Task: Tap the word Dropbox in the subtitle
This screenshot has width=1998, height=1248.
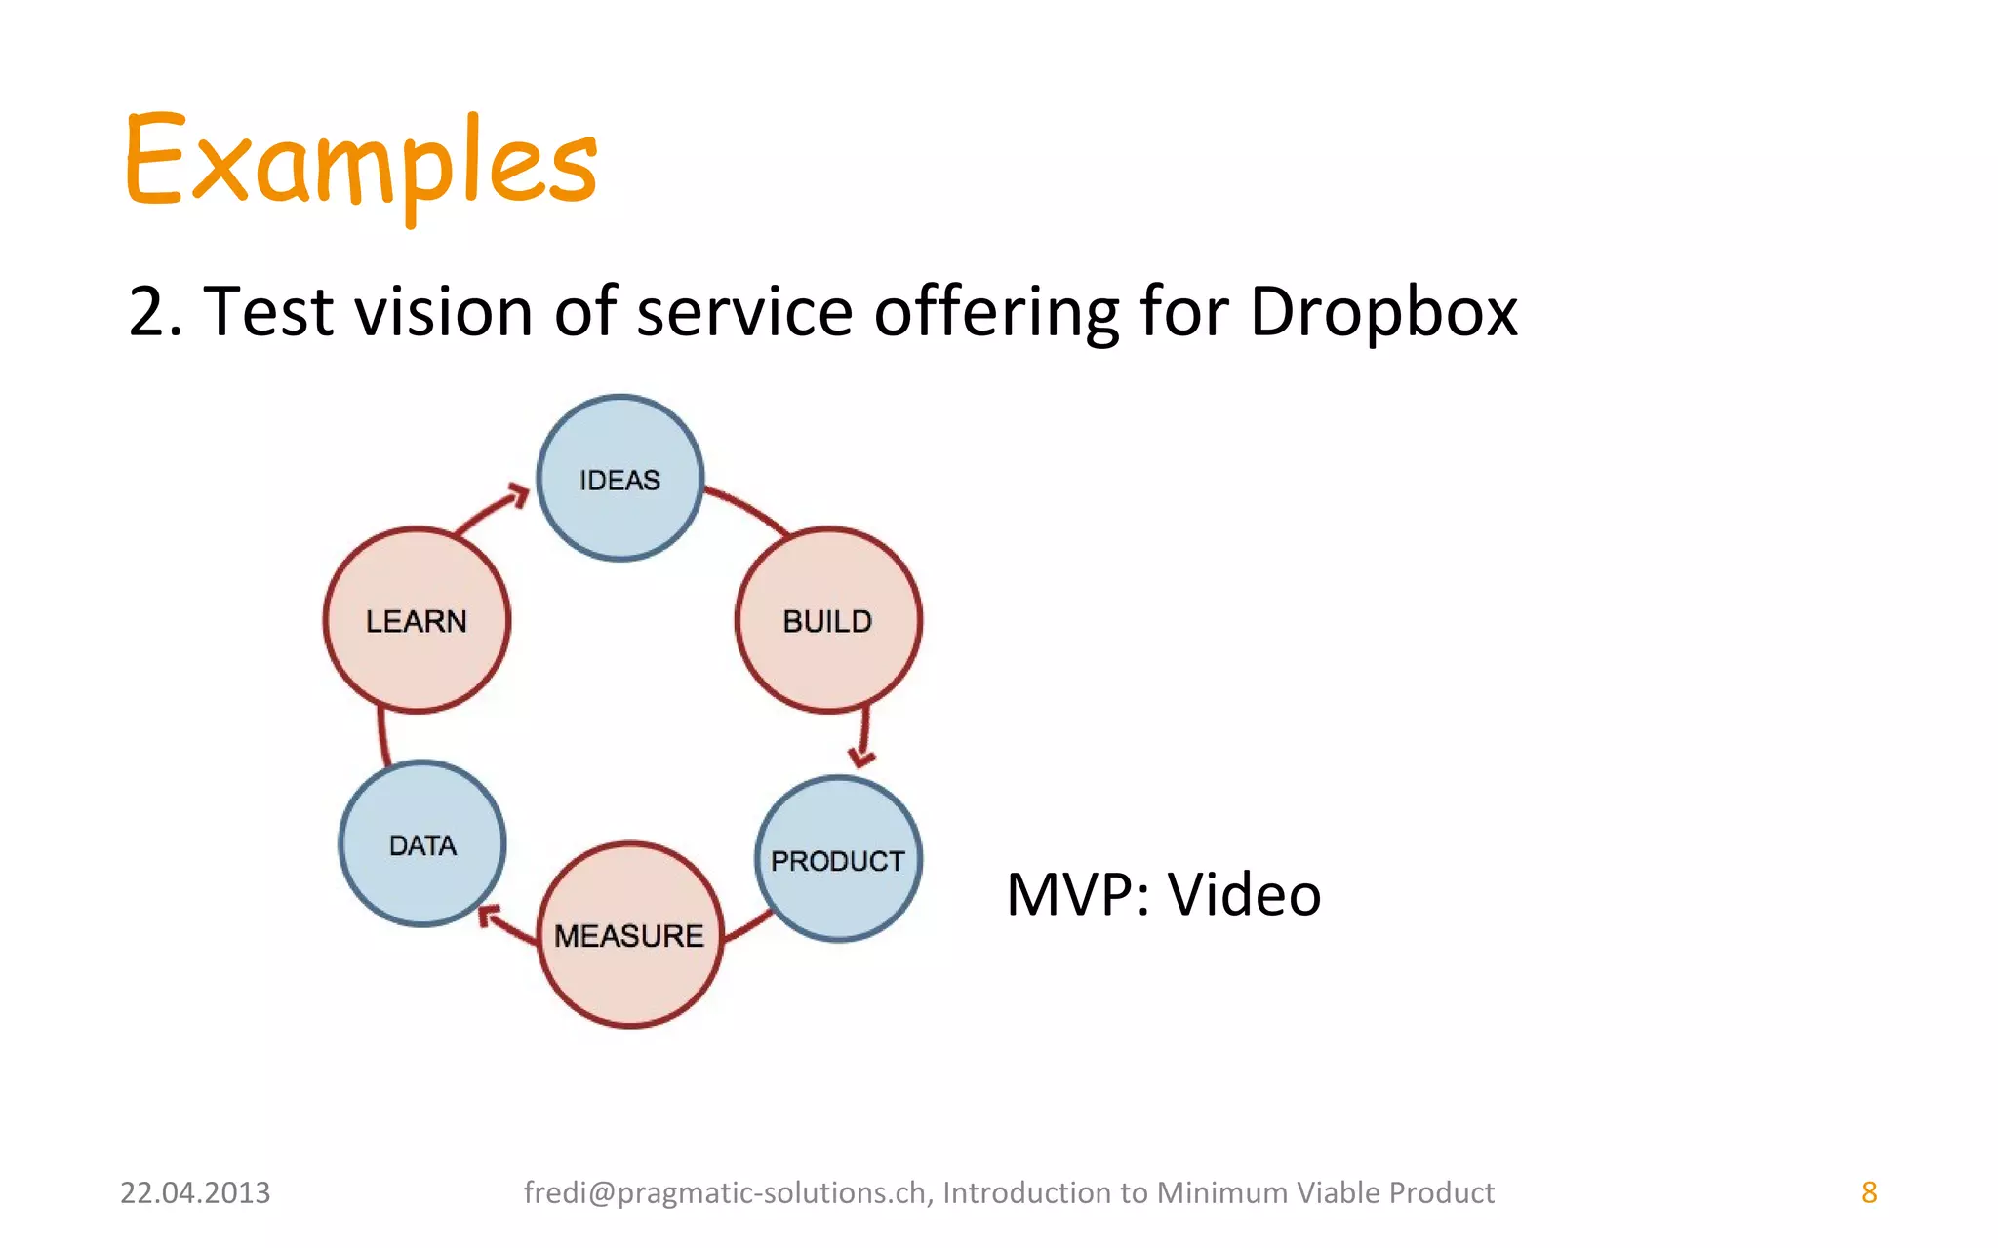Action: click(x=1382, y=312)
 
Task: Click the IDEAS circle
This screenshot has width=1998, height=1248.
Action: click(x=620, y=479)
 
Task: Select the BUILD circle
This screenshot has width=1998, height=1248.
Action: click(x=828, y=621)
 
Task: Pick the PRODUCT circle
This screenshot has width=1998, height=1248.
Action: click(x=838, y=860)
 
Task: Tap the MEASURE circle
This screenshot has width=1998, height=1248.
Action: click(x=630, y=935)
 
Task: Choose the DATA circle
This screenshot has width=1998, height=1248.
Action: click(x=422, y=844)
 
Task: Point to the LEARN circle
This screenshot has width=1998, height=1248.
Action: click(x=417, y=621)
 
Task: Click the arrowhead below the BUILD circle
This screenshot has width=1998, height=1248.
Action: click(x=861, y=757)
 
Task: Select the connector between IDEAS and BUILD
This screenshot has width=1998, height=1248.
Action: click(x=747, y=509)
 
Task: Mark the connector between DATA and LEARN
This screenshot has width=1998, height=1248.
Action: click(x=382, y=737)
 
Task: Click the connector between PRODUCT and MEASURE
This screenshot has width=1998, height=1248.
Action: click(x=749, y=926)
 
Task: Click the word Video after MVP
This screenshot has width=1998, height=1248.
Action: click(x=1244, y=894)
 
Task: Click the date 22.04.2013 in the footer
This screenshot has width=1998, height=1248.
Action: click(x=195, y=1192)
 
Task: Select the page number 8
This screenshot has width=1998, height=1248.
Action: click(x=1869, y=1192)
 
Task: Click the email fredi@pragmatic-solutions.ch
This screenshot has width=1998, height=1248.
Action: click(x=724, y=1192)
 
